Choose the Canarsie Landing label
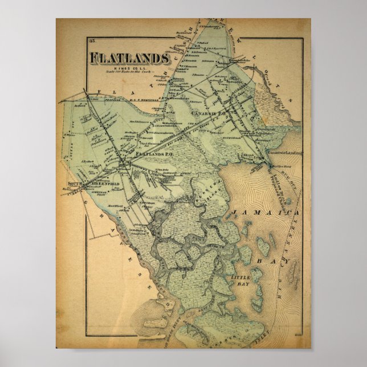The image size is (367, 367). point(285,154)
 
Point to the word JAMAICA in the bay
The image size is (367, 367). point(267,212)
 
